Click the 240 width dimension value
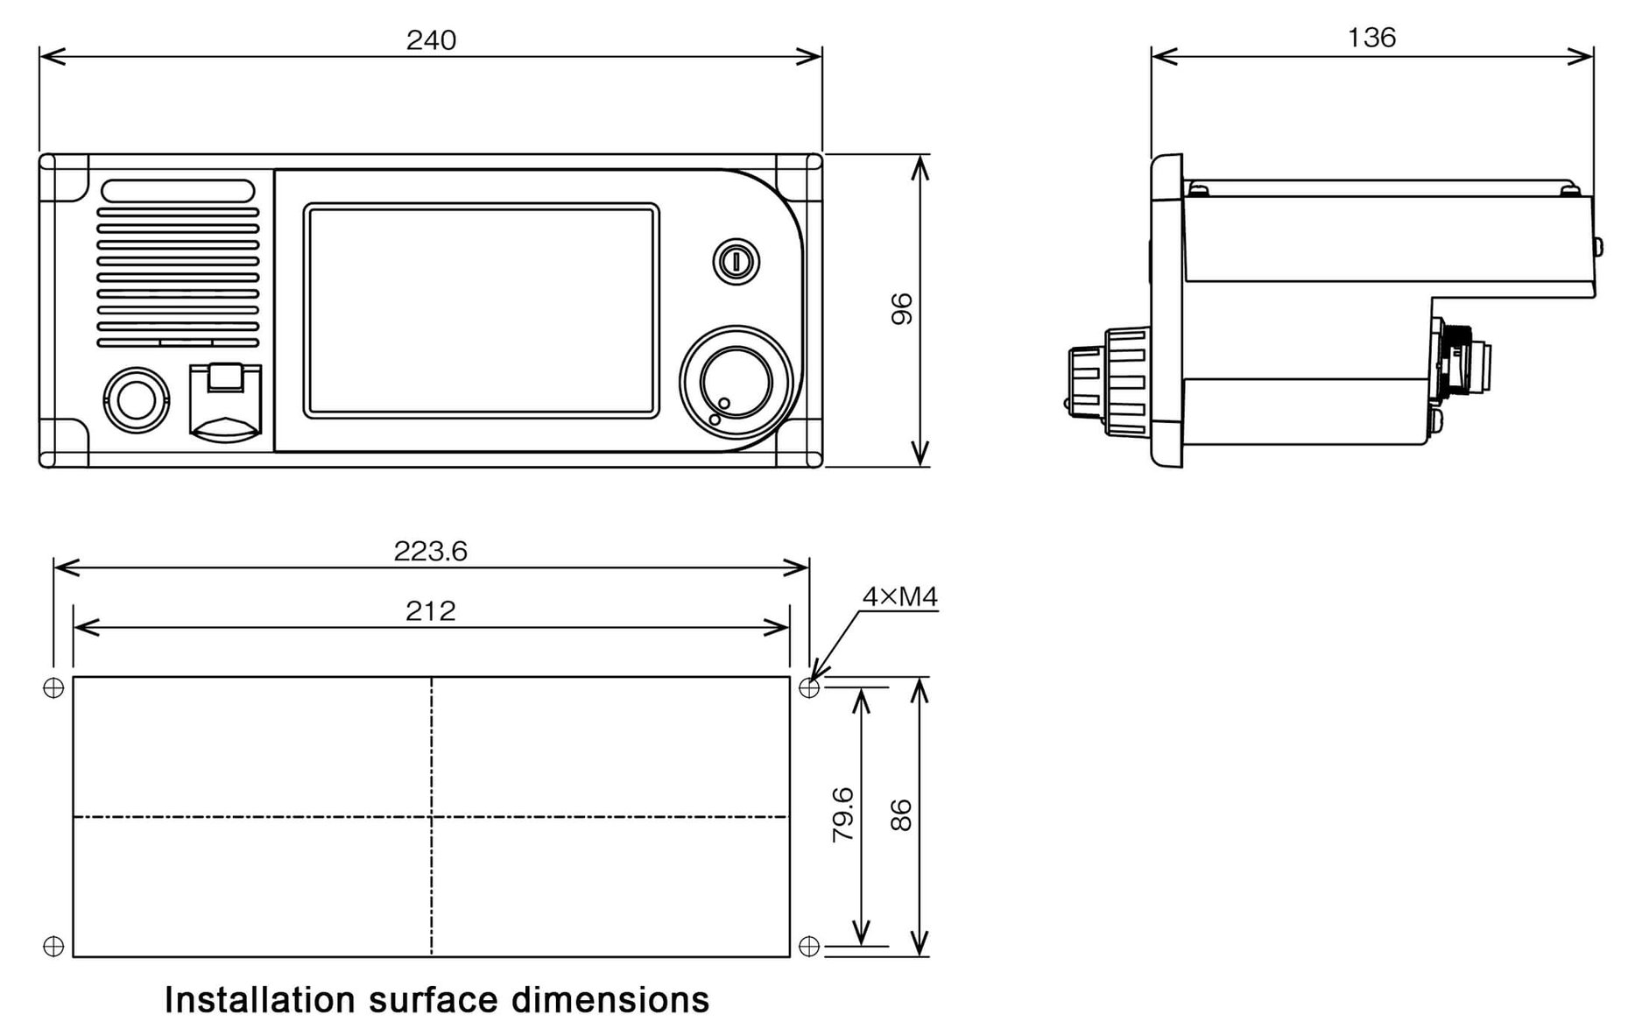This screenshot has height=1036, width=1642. tap(431, 40)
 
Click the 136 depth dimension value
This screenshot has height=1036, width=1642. tap(1371, 38)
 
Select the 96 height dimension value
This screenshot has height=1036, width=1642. tap(901, 309)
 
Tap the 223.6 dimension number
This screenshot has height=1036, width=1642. tap(430, 552)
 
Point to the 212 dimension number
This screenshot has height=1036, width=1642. tap(430, 611)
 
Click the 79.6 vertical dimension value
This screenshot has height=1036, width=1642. tap(842, 814)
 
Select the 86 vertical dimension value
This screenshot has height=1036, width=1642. tap(901, 814)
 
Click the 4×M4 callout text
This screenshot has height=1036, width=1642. tap(899, 597)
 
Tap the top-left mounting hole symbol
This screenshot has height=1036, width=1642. tap(53, 688)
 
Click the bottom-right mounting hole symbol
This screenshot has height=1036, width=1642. tap(809, 946)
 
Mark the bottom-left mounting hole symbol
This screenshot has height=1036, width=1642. tap(53, 946)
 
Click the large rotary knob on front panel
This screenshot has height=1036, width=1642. tap(736, 383)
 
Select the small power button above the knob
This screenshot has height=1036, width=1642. tap(736, 261)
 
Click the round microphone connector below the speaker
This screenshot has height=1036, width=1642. tap(135, 400)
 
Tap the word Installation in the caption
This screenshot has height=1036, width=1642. tap(259, 1000)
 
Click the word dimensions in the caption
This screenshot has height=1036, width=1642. tap(610, 1000)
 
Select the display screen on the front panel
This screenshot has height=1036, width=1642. tap(481, 311)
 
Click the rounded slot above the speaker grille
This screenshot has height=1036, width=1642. tap(178, 191)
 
